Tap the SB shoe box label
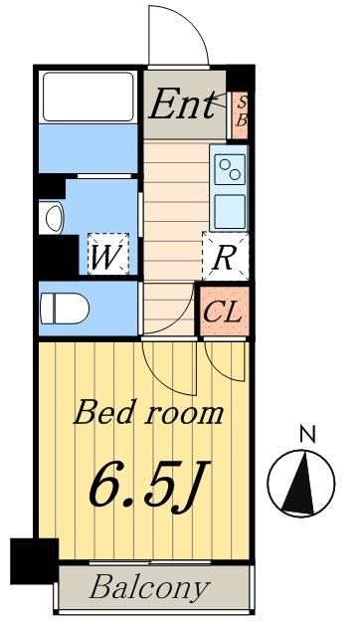pyautogui.click(x=240, y=109)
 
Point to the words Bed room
pyautogui.click(x=149, y=411)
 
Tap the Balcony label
pyautogui.click(x=150, y=586)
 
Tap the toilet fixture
pyautogui.click(x=65, y=309)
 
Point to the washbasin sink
pyautogui.click(x=53, y=216)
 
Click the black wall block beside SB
pyautogui.click(x=240, y=79)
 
